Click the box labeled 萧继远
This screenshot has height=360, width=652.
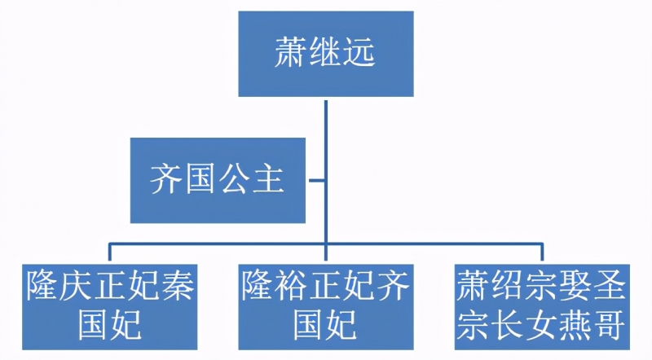[325, 54]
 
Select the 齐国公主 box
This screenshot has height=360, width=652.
[218, 181]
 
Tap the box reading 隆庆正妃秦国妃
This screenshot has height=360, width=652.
[110, 307]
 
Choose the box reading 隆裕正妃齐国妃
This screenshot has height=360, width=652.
[325, 307]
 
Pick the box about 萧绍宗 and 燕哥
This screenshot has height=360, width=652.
[542, 307]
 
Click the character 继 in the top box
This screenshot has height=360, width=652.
[325, 52]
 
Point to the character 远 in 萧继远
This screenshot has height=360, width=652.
[359, 52]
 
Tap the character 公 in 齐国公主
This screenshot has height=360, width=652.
[235, 178]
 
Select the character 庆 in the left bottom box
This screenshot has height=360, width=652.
[76, 286]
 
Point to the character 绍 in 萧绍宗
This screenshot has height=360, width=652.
[507, 286]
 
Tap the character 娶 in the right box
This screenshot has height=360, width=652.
[575, 286]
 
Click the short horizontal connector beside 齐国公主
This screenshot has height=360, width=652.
[317, 181]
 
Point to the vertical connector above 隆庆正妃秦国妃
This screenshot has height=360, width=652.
[110, 252]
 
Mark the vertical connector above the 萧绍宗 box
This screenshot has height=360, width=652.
[542, 252]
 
